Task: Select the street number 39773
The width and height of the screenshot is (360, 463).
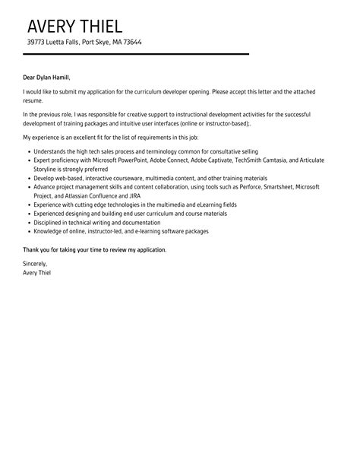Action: tap(37, 43)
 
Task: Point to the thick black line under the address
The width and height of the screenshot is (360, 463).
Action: tap(137, 54)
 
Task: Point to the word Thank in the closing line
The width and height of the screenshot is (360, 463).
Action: tap(33, 249)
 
